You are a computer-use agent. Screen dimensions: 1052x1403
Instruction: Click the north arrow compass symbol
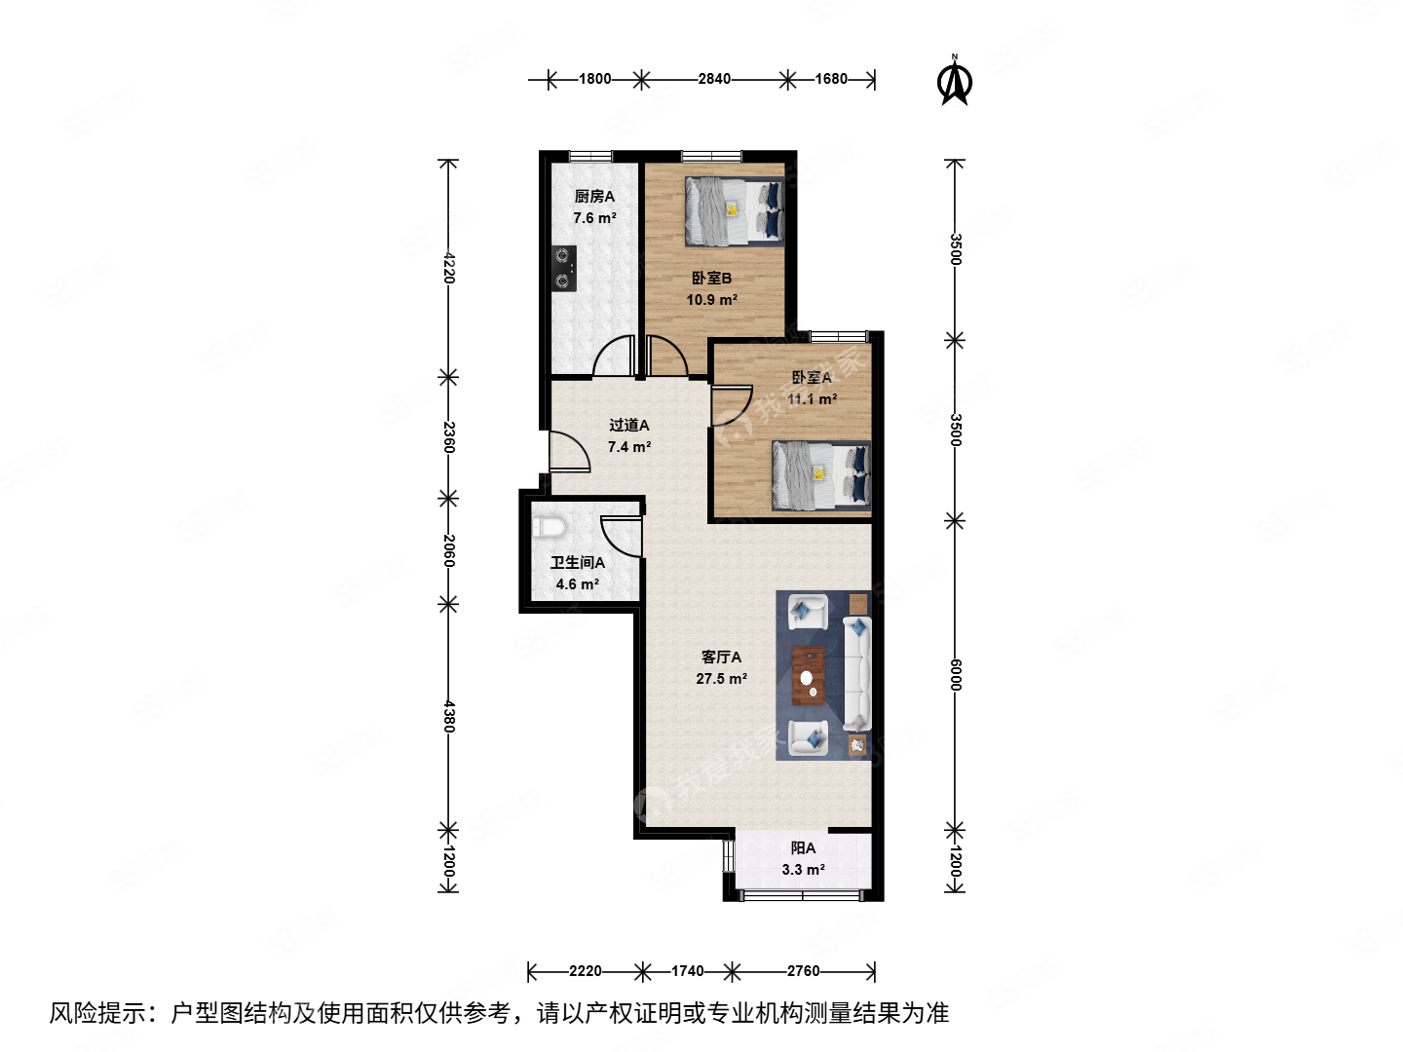[x=955, y=82]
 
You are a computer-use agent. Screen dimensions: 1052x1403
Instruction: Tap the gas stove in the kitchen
[x=563, y=269]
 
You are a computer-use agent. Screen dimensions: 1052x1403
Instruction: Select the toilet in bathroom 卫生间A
[x=550, y=528]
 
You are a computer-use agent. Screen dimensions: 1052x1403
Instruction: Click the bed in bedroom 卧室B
[x=734, y=211]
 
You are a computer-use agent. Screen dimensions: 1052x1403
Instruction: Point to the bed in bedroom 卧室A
[x=820, y=475]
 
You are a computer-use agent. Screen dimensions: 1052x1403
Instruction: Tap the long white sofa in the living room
[x=856, y=672]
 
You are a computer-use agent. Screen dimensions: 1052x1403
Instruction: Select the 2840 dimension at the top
[x=713, y=79]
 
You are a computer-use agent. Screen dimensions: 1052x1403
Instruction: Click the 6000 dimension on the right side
[x=955, y=674]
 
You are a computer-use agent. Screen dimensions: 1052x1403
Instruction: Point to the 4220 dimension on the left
[x=448, y=267]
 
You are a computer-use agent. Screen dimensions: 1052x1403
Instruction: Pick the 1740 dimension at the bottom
[x=687, y=971]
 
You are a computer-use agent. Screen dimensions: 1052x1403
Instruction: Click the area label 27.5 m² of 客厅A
[x=721, y=679]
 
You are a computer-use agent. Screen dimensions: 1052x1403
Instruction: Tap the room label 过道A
[x=628, y=425]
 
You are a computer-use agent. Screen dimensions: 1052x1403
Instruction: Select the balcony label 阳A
[x=803, y=848]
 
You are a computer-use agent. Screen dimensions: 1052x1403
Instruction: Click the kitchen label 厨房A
[x=594, y=197]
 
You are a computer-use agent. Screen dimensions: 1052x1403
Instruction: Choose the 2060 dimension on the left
[x=448, y=550]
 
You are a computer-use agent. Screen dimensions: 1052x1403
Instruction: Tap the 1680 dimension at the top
[x=831, y=79]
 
